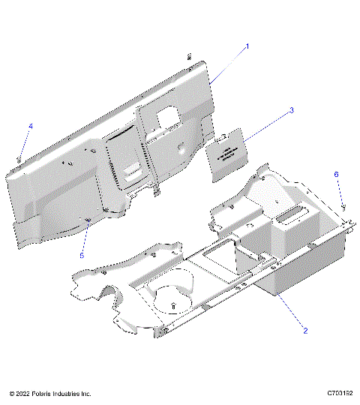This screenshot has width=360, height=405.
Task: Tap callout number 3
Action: tap(292, 110)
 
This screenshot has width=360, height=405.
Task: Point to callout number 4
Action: tap(31, 125)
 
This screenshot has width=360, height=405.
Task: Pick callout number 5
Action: tap(83, 255)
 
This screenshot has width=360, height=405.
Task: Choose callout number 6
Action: tap(337, 174)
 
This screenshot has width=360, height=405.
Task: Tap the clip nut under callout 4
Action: tap(17, 158)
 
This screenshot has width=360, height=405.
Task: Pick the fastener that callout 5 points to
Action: tap(89, 220)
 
